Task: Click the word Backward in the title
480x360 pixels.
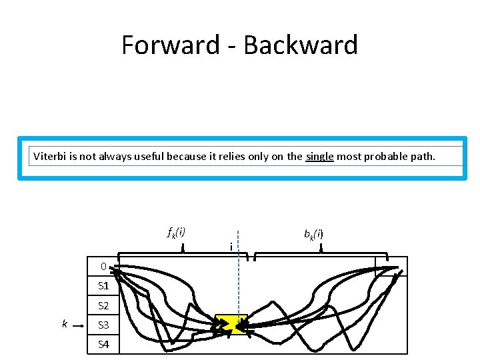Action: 301,45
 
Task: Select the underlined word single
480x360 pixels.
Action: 319,157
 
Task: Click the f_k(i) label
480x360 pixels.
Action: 176,233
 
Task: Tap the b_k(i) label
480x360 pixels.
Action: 313,234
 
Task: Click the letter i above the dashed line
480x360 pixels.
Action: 231,247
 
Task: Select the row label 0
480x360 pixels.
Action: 103,267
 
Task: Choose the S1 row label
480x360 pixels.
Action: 103,286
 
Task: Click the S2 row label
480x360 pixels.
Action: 103,306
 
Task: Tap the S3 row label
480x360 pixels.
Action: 103,325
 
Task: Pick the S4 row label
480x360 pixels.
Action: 103,345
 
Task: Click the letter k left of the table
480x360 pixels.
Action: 64,324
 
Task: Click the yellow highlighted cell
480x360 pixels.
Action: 231,324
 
